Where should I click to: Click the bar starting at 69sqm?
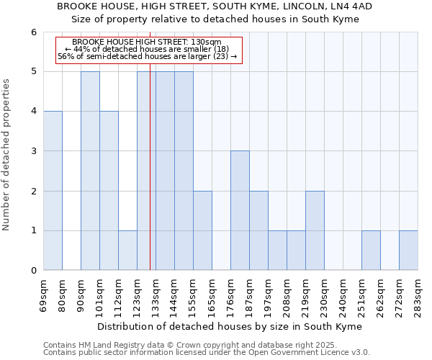click(x=53, y=191)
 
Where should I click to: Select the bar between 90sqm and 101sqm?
click(x=90, y=171)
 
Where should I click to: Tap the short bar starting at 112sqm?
click(x=127, y=251)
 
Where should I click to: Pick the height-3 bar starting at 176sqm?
click(x=240, y=210)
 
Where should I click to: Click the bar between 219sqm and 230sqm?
click(x=315, y=230)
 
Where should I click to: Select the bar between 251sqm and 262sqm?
click(x=371, y=251)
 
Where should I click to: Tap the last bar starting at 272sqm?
click(x=408, y=251)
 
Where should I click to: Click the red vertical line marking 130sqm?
click(x=150, y=180)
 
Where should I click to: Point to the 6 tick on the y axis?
click(x=33, y=32)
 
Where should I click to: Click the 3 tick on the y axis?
click(x=33, y=151)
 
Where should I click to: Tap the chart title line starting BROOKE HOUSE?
click(x=215, y=6)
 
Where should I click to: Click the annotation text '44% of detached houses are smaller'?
click(x=147, y=49)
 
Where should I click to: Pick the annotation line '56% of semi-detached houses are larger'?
click(x=147, y=56)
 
